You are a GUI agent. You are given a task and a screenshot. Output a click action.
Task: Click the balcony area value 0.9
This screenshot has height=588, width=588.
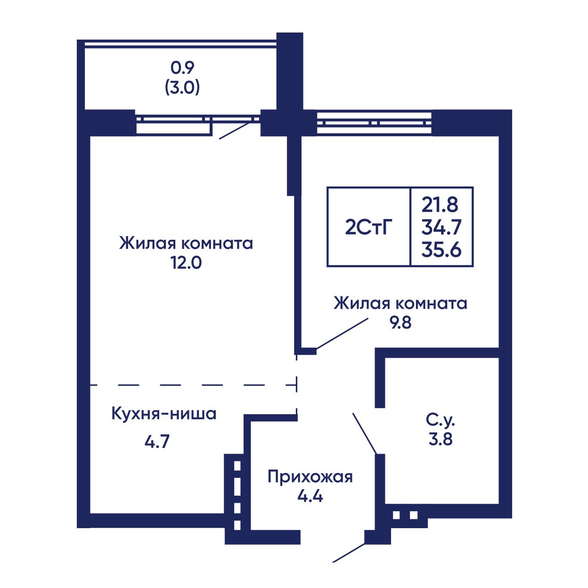[x=182, y=68]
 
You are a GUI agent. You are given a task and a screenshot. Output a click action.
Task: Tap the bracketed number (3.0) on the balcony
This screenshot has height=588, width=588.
[x=182, y=88]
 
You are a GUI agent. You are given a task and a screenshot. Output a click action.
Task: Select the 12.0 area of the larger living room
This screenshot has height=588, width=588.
[x=186, y=262]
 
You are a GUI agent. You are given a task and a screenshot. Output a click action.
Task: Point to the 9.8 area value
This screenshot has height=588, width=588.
[x=401, y=323]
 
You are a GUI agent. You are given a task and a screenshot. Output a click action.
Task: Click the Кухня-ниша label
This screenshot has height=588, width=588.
[x=164, y=414]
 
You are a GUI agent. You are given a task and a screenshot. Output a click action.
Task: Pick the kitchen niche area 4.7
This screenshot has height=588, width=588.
[x=157, y=441]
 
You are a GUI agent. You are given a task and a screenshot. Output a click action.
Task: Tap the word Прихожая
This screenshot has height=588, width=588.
[x=310, y=477]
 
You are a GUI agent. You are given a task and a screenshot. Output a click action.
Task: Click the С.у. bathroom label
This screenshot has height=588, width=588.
[x=441, y=421]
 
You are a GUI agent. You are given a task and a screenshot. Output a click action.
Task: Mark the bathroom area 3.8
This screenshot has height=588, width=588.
[x=441, y=440]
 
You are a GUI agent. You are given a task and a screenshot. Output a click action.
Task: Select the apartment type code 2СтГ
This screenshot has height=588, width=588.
[x=368, y=227]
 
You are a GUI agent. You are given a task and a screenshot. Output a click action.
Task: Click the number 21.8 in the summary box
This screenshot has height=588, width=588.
[x=440, y=205]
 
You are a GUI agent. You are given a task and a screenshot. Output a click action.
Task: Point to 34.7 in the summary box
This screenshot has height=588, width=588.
[x=441, y=227]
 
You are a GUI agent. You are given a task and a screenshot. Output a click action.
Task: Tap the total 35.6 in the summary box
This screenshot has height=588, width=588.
[x=441, y=250]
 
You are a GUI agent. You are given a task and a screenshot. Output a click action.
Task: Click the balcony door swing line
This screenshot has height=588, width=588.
[x=234, y=131]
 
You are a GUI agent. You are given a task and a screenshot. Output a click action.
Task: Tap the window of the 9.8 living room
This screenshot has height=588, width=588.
[x=374, y=122]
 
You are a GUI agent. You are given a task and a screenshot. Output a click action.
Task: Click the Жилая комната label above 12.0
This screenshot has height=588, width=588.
[x=186, y=244]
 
